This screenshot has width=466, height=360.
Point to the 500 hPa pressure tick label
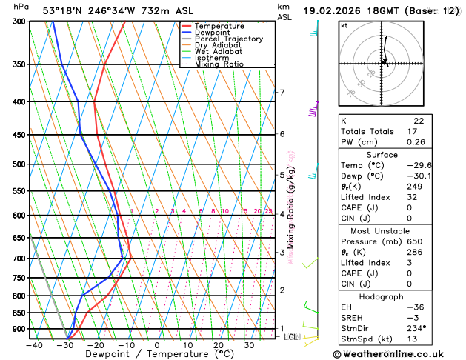pos(18,164)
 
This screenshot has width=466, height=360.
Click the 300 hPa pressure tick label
pos(18,21)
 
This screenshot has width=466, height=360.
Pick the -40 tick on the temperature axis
pos(33,344)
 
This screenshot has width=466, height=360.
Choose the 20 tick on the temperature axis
pos(219,344)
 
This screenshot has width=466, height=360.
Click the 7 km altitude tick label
pos(282,93)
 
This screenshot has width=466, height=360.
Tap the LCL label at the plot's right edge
pos(290,337)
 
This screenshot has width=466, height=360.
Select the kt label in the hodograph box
pos(344,26)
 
